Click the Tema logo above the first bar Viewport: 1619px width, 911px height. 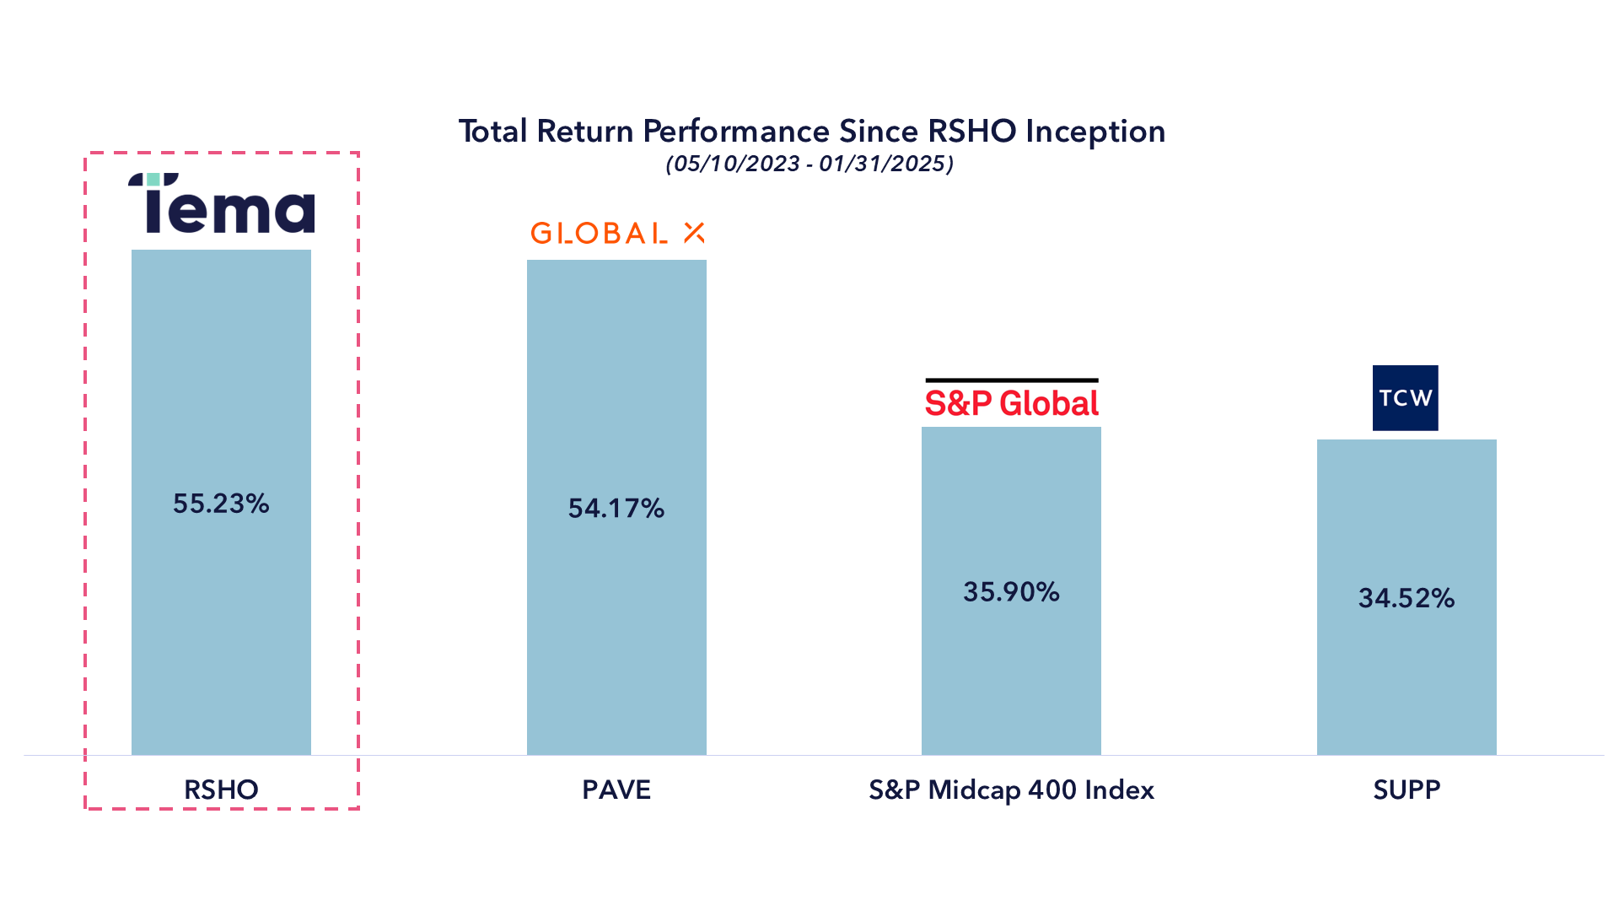tap(222, 204)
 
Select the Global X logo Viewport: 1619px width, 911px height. tap(616, 233)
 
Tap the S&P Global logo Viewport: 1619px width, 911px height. tap(1011, 402)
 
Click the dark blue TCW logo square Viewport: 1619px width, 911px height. tap(1405, 398)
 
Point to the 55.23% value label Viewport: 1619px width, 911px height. tap(221, 504)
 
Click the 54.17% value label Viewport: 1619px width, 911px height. tap(616, 508)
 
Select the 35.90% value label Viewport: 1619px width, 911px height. tap(1011, 591)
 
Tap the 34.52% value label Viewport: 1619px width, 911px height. tap(1406, 598)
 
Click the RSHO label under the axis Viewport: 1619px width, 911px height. tap(221, 790)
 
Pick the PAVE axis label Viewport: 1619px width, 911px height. tap(616, 790)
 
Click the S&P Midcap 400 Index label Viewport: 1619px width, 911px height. tap(1011, 790)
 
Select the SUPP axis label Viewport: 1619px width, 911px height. tap(1406, 790)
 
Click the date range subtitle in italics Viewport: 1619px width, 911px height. tap(809, 164)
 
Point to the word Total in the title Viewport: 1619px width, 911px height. tap(493, 132)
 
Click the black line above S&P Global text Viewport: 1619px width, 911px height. tap(1011, 380)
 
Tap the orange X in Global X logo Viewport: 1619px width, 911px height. tap(694, 233)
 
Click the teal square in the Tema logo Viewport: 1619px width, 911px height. tap(153, 180)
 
